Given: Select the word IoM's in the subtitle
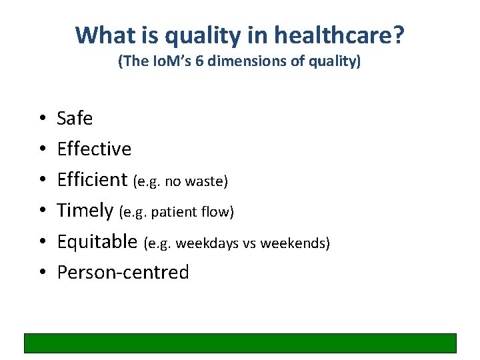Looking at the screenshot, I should coord(171,62).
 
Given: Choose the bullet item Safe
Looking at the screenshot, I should coord(75,119).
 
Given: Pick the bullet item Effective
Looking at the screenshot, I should coord(94,149).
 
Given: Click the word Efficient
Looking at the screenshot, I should coord(92,180).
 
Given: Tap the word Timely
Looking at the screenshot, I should coord(85,211).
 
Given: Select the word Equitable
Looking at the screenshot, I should coord(97,241).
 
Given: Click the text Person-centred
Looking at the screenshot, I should coord(123,272).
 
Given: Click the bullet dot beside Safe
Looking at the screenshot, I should coord(41,119).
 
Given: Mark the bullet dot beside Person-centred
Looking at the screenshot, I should coord(41,273).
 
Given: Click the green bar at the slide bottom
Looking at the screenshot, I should coord(240,343).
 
